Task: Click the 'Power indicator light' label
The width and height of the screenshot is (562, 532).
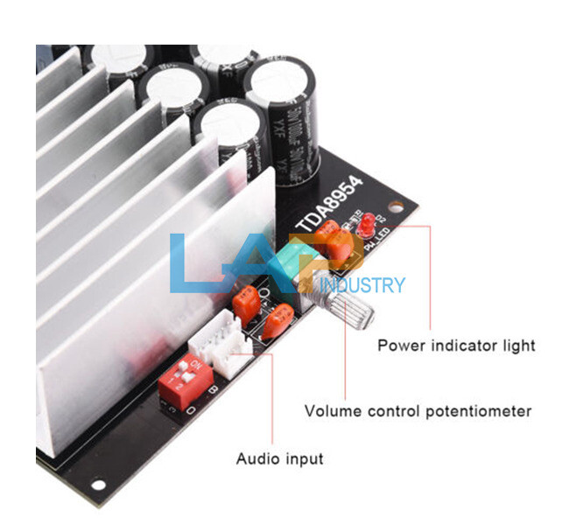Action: click(x=455, y=345)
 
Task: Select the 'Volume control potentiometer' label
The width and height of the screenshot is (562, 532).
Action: click(x=418, y=410)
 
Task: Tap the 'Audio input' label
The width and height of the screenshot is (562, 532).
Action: click(x=280, y=458)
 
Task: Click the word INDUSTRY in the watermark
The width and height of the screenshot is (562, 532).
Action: click(x=362, y=285)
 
